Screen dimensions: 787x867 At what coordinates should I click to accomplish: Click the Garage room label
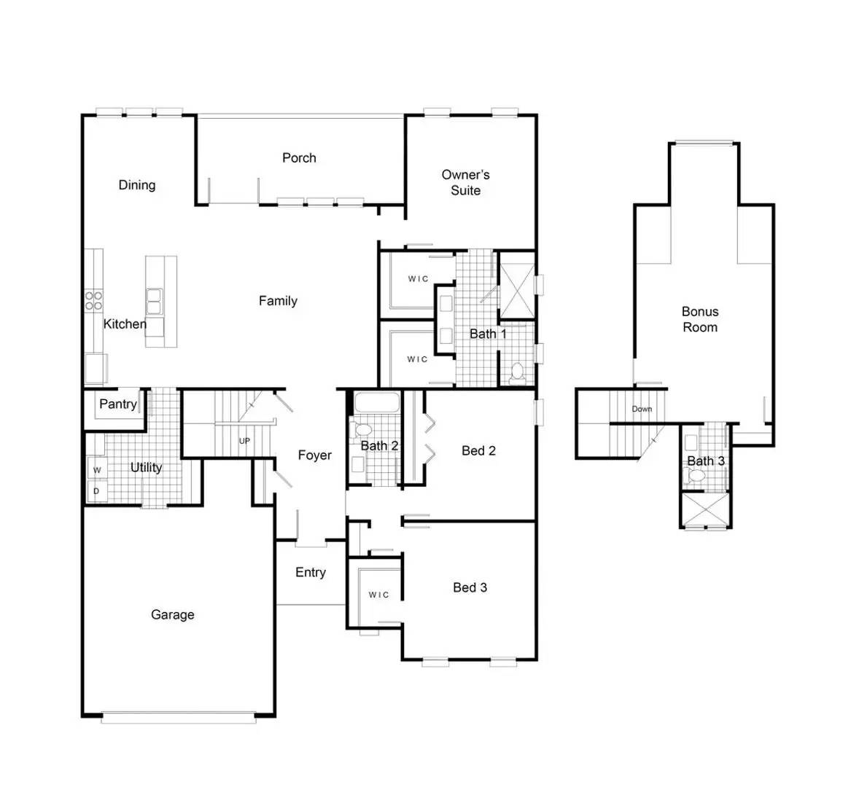click(172, 614)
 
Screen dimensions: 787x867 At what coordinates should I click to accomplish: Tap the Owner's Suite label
click(465, 183)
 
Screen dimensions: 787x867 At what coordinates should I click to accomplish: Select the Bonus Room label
click(700, 319)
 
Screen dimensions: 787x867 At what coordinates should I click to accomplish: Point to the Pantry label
click(117, 404)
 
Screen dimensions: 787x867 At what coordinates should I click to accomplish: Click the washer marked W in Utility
click(97, 469)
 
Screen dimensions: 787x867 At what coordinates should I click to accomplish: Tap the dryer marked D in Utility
click(96, 491)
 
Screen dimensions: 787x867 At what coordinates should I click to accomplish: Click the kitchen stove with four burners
click(94, 301)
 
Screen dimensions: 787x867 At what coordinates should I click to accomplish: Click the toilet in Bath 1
click(518, 372)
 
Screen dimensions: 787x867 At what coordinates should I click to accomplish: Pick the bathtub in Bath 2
click(376, 403)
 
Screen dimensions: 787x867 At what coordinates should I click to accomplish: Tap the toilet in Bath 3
click(696, 477)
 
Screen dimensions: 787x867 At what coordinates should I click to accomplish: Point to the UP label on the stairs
click(244, 441)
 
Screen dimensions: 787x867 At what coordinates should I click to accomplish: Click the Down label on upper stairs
click(642, 409)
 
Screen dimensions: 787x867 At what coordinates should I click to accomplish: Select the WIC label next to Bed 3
click(378, 595)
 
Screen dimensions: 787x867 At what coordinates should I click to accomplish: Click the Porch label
click(299, 157)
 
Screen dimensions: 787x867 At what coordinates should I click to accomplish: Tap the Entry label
click(310, 572)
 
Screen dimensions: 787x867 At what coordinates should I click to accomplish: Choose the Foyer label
click(314, 455)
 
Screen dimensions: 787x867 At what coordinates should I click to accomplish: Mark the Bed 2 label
click(478, 450)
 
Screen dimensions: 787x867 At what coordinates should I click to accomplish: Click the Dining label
click(136, 184)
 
